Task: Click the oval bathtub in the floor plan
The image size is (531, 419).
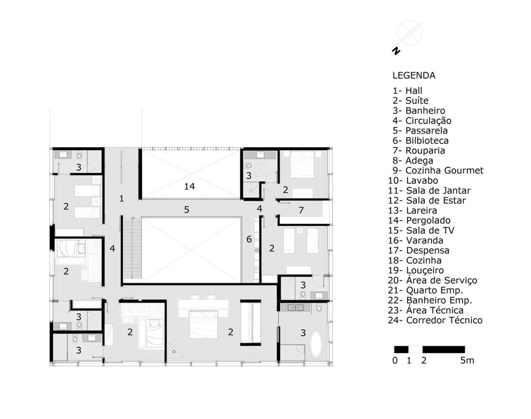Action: pyautogui.click(x=316, y=344)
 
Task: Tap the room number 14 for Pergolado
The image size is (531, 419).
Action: pyautogui.click(x=189, y=186)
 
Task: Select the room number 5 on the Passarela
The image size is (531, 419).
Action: pyautogui.click(x=187, y=210)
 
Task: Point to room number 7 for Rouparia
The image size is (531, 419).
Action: pyautogui.click(x=301, y=210)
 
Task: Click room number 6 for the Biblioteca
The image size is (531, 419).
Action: pyautogui.click(x=249, y=239)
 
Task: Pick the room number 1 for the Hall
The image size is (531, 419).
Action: pyautogui.click(x=121, y=198)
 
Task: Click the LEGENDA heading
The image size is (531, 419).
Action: pyautogui.click(x=414, y=76)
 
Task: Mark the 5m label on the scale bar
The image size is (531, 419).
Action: pyautogui.click(x=467, y=360)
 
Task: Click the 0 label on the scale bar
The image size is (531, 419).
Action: pyautogui.click(x=395, y=360)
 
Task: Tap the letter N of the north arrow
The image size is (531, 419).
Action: pyautogui.click(x=396, y=51)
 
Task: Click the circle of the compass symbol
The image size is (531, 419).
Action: pyautogui.click(x=410, y=33)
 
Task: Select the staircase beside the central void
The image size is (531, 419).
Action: pyautogui.click(x=132, y=248)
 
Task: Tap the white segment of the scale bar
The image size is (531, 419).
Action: pyautogui.click(x=415, y=350)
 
